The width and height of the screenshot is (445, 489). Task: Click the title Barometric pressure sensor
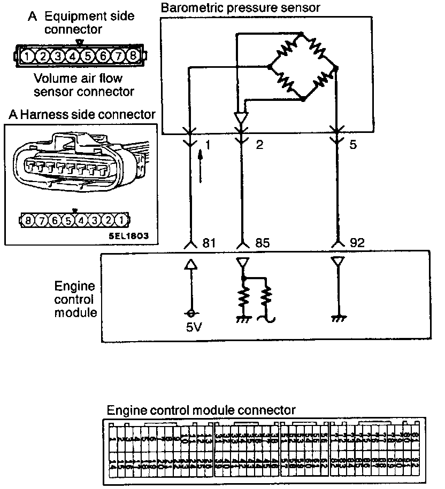240,7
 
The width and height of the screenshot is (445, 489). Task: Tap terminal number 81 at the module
209,243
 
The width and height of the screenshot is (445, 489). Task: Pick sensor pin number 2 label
259,145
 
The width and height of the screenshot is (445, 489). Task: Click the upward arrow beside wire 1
202,166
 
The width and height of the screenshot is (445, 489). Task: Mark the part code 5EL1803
127,234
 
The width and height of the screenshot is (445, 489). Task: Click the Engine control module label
75,299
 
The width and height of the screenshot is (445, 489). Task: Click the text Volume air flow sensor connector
83,85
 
